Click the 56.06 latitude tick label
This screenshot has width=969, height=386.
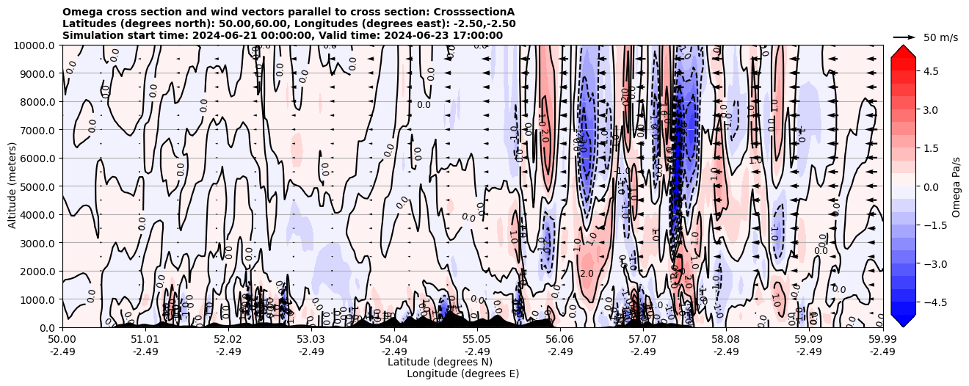coord(560,340)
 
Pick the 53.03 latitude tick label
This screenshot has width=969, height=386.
coord(311,340)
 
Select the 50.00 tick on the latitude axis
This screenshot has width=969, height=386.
coord(62,340)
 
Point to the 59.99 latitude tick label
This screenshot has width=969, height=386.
coord(882,340)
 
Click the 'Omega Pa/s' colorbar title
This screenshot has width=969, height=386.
coord(957,186)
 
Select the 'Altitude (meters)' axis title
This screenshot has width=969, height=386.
coord(13,186)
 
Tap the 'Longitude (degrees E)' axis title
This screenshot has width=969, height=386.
coord(463,374)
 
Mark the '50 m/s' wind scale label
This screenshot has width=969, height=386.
coord(940,37)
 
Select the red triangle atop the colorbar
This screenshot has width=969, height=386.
coord(903,50)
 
